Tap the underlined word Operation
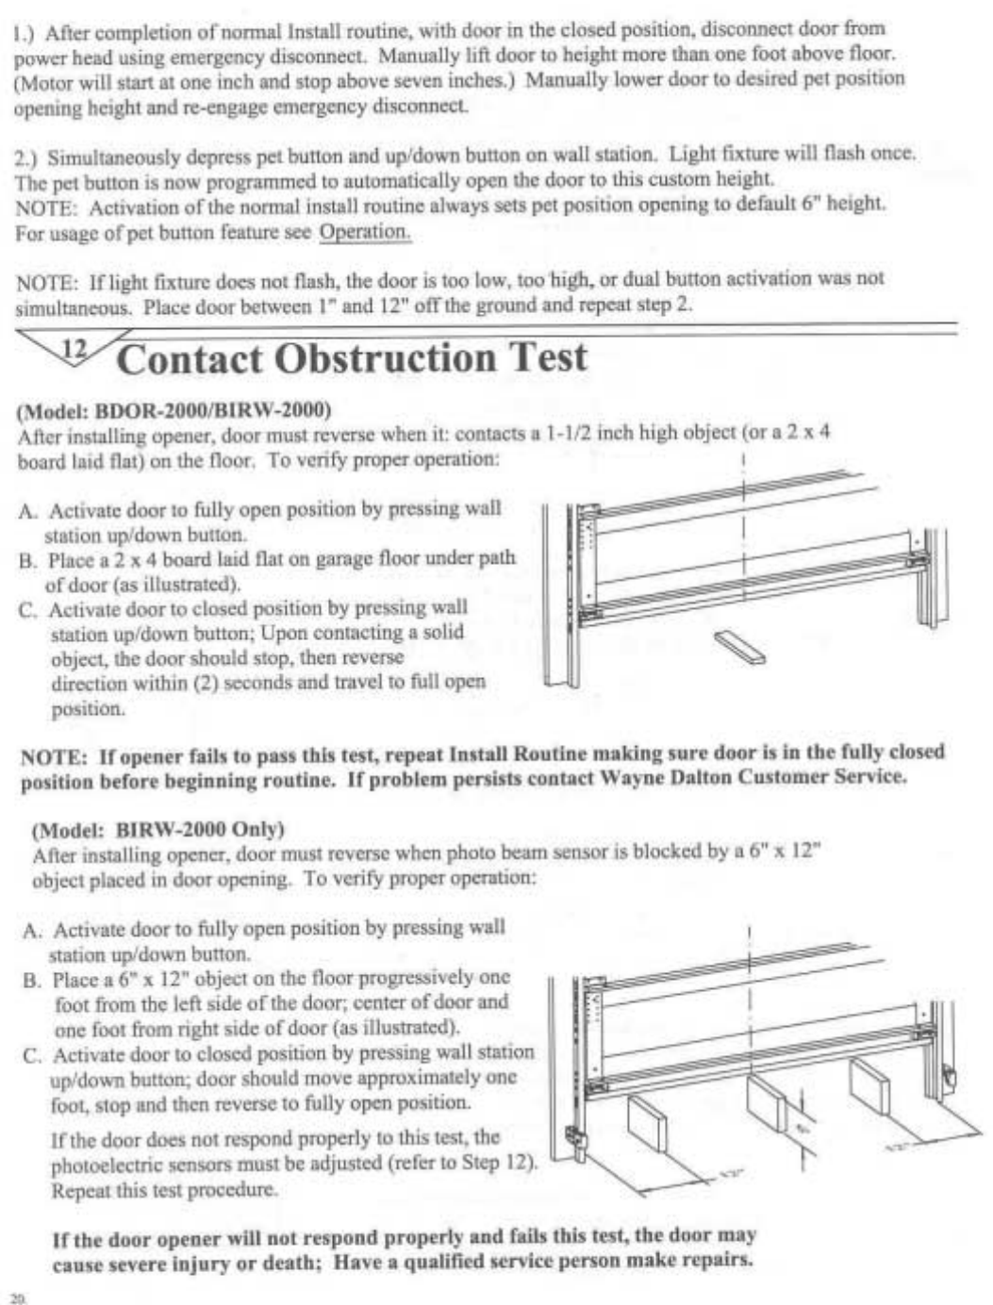[x=365, y=231]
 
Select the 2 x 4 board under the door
[x=739, y=647]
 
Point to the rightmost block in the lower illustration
[x=868, y=1082]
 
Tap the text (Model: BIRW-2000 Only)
[x=157, y=830]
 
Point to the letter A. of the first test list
[x=28, y=511]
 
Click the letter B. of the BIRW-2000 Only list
[x=33, y=980]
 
